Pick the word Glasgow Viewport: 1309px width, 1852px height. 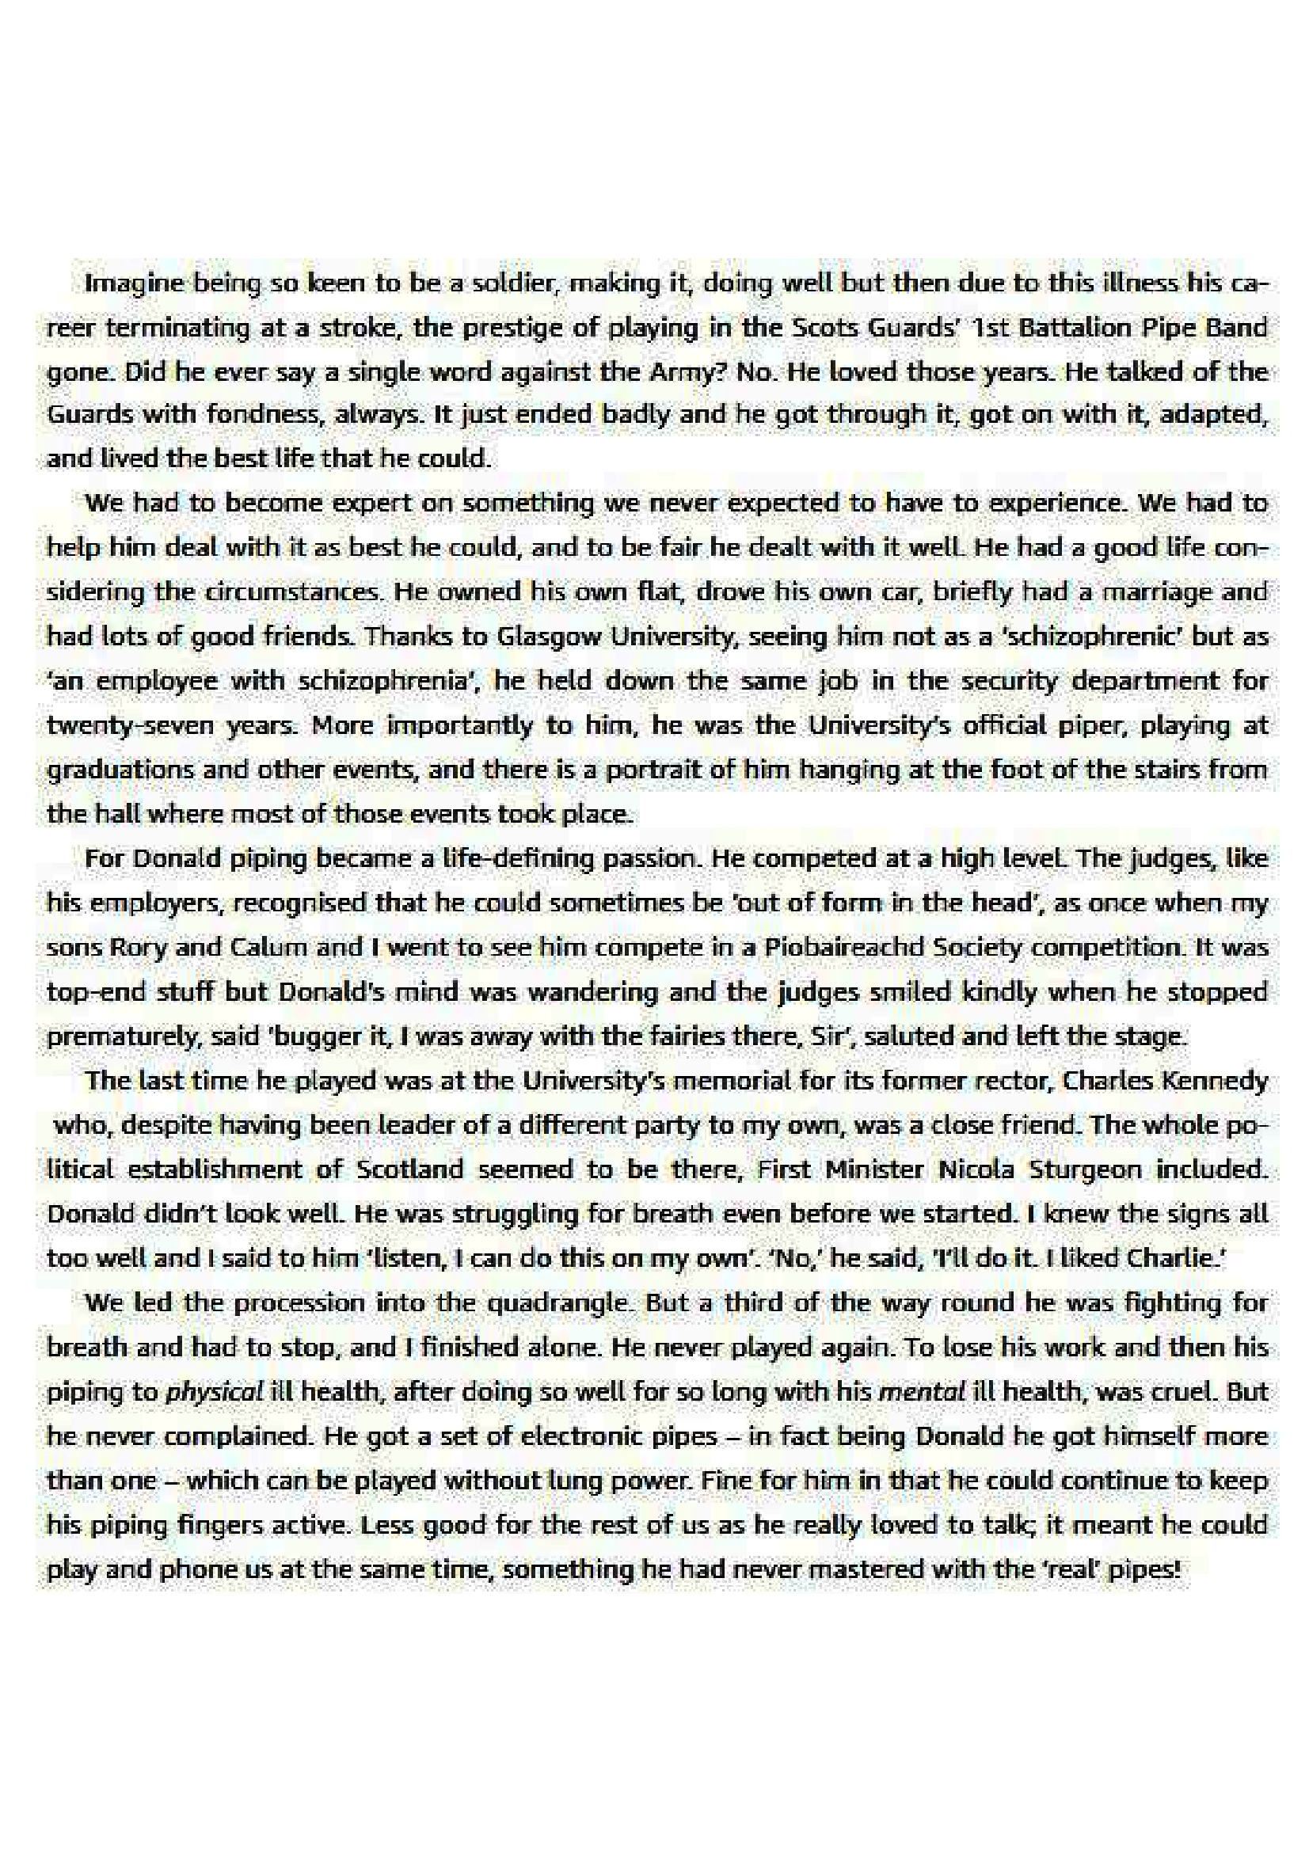coord(549,637)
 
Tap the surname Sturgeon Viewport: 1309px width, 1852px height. coord(1085,1169)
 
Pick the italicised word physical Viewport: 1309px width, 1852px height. coord(215,1391)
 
